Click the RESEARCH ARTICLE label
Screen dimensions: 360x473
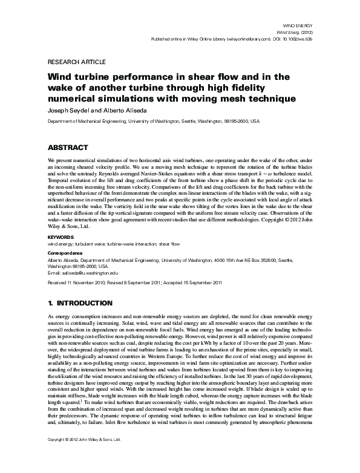point(76,62)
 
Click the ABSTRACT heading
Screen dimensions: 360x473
point(71,147)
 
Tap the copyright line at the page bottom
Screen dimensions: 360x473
point(84,457)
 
